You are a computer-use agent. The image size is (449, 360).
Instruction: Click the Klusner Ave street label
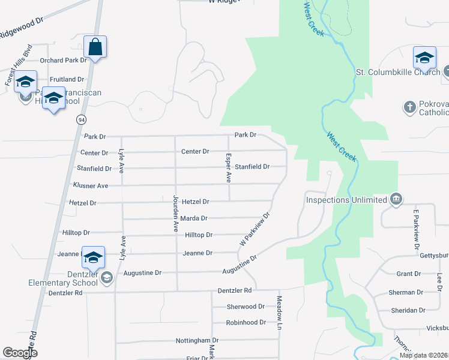91,186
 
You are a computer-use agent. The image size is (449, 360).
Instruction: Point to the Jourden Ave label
176,214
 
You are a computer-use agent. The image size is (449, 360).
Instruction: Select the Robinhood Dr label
246,323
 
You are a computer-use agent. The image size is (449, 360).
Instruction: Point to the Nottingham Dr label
197,340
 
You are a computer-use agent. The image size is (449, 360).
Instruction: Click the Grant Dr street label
409,274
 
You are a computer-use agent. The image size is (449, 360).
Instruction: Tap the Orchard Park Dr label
64,61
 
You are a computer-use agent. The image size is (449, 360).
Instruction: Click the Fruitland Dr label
67,79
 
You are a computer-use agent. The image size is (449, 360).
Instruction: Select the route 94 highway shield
80,119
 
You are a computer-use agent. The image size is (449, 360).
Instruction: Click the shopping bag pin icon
96,46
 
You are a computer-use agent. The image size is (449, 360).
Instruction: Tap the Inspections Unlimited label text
346,199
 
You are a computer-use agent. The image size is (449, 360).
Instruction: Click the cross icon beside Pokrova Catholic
409,107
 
